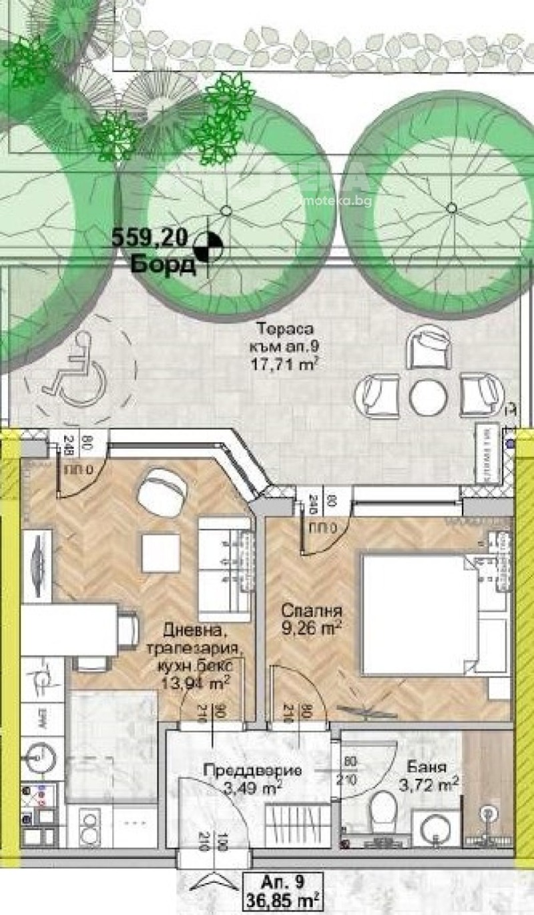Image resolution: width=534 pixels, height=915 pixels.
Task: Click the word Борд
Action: coord(164,265)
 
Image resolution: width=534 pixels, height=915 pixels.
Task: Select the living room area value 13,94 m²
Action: coord(196,682)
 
